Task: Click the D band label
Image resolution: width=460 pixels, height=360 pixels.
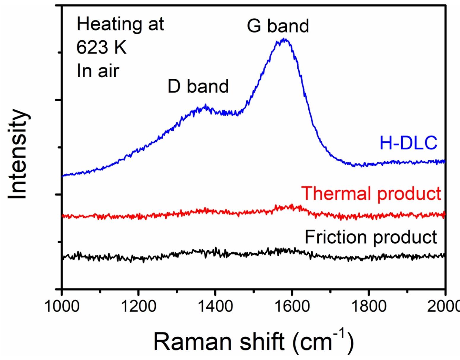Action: tap(198, 86)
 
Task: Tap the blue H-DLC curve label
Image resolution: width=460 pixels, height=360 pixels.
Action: tap(408, 143)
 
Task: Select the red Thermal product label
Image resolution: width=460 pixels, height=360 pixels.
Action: tap(371, 193)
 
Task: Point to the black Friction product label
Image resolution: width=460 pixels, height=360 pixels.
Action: tap(371, 237)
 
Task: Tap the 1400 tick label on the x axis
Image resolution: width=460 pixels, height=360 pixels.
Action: tap(215, 306)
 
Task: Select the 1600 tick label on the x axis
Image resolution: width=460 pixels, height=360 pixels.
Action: tap(292, 306)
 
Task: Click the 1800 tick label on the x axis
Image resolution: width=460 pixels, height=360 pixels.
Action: tap(368, 306)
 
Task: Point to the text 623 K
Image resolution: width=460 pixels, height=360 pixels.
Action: tap(101, 48)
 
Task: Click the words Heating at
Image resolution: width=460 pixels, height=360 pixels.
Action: tap(120, 24)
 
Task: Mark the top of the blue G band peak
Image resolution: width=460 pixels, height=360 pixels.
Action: tap(284, 39)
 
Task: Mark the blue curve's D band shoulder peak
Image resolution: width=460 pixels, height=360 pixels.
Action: tap(205, 106)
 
